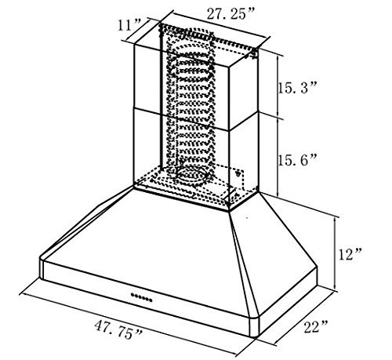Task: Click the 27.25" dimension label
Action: pyautogui.click(x=230, y=14)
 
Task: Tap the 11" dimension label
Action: pyautogui.click(x=129, y=25)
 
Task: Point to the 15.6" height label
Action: pyautogui.click(x=298, y=160)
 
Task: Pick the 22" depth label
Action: pyautogui.click(x=315, y=326)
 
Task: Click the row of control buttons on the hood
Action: pyautogui.click(x=141, y=297)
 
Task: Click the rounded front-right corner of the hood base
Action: pyautogui.click(x=255, y=327)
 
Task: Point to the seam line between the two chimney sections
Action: pyautogui.click(x=195, y=121)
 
